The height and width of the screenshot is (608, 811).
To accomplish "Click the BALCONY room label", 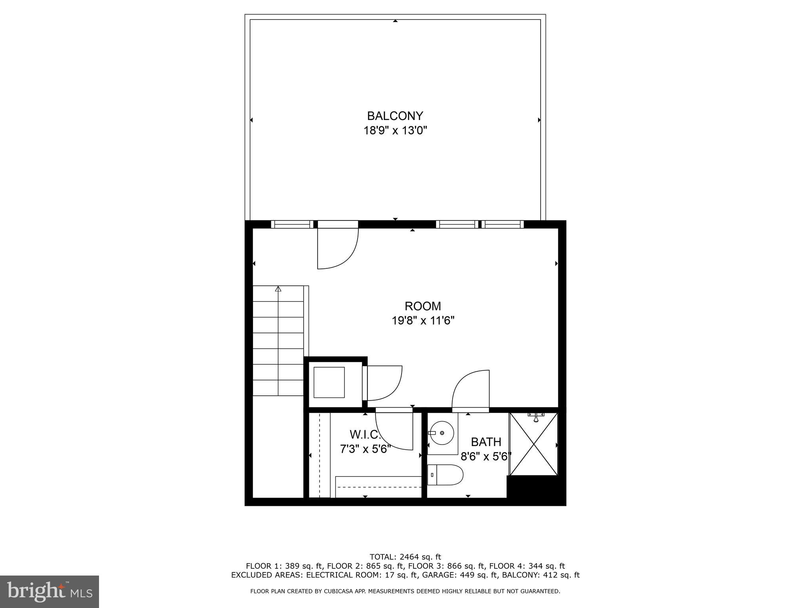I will coord(395,116).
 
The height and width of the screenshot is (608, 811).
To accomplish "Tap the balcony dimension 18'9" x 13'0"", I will coord(395,130).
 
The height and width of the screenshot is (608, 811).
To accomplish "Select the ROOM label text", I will coord(423,306).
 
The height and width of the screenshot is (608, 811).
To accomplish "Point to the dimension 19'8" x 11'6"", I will coord(423,320).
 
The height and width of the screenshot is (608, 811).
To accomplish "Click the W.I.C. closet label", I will coord(365,435).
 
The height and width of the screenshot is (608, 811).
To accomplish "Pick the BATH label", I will coord(486,442).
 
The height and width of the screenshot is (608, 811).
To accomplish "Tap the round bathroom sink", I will coord(441,433).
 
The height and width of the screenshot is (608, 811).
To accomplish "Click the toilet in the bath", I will coord(446,475).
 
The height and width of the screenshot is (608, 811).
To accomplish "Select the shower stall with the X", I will coord(533,444).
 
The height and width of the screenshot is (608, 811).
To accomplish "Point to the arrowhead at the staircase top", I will coord(278,289).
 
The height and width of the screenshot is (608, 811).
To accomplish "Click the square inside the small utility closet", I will coord(329,382).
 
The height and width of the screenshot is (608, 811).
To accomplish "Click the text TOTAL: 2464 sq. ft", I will coord(405,557).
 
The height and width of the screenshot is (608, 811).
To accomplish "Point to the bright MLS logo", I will coord(49,592).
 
